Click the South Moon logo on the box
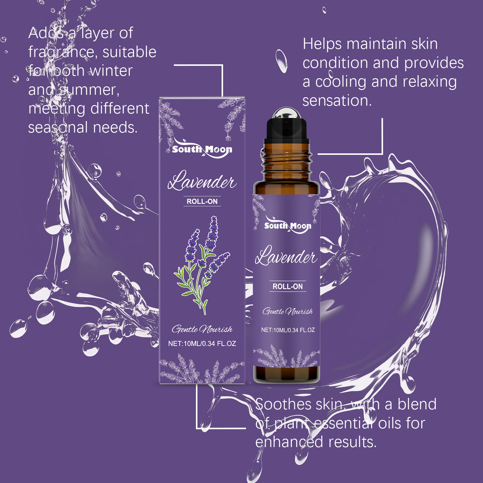(x=202, y=149)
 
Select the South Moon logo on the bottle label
(x=287, y=225)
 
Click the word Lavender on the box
(x=202, y=181)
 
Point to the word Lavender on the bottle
(x=286, y=256)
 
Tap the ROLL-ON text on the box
(x=202, y=201)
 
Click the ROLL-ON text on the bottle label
(x=287, y=286)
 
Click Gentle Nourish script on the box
(x=202, y=329)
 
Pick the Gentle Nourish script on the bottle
(x=287, y=311)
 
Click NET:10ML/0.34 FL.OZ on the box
(x=202, y=344)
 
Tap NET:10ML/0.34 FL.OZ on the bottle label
(x=288, y=330)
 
